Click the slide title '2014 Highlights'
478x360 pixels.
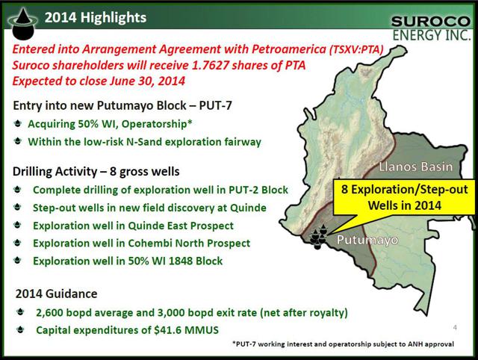tap(96, 18)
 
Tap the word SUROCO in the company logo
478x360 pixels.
tap(431, 22)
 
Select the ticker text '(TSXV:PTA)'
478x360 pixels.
tap(356, 49)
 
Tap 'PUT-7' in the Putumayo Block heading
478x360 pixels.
tap(215, 105)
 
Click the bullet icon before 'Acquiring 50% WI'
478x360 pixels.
tap(18, 123)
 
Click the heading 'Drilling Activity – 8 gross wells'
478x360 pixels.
tap(96, 172)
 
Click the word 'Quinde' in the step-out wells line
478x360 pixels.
tap(248, 208)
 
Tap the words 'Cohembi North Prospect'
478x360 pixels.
tap(189, 243)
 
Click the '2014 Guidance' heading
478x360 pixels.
tap(57, 294)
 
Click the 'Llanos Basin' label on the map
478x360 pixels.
tap(416, 167)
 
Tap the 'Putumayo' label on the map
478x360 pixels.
tap(367, 240)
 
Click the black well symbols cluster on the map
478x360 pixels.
tap(319, 237)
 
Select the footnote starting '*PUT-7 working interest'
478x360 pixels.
tap(343, 344)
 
